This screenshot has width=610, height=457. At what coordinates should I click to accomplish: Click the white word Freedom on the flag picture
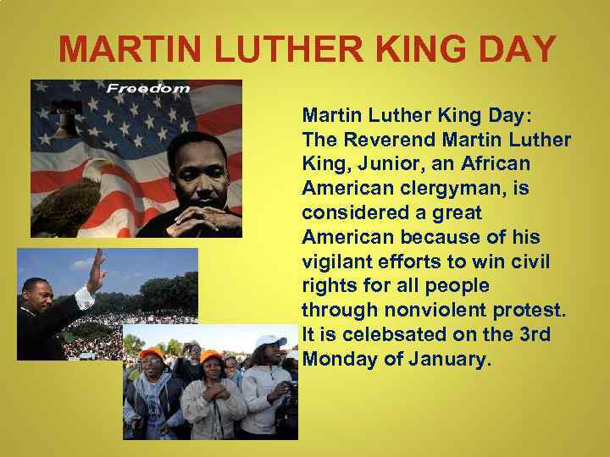click(x=147, y=88)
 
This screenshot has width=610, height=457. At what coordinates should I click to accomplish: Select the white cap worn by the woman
click(x=270, y=341)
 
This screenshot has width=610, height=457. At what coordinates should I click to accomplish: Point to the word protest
click(x=524, y=311)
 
